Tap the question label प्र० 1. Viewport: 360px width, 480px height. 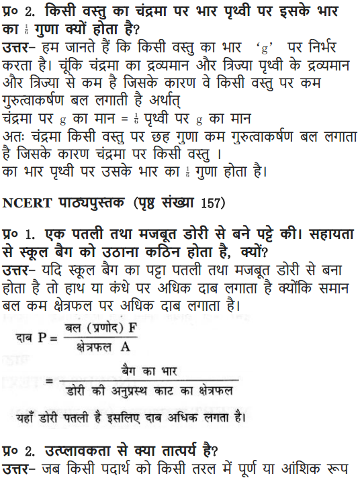(x=18, y=236)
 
